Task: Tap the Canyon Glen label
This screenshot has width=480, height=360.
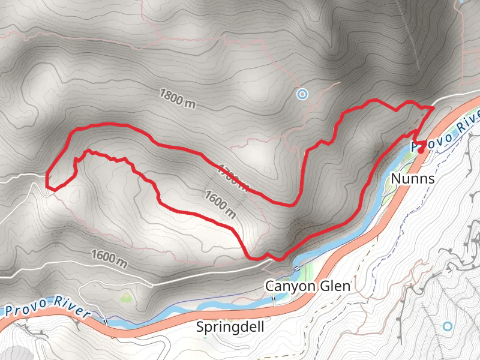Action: (x=308, y=286)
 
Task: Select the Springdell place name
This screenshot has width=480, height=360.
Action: (x=230, y=327)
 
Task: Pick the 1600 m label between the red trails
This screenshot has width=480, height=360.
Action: (x=220, y=204)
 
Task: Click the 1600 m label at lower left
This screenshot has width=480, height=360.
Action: (x=109, y=259)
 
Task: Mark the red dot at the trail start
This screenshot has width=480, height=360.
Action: (x=421, y=151)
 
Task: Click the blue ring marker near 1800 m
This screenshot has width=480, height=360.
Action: (x=302, y=94)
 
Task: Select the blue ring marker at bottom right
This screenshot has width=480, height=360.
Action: (x=447, y=326)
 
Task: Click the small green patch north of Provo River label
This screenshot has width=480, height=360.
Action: (x=125, y=297)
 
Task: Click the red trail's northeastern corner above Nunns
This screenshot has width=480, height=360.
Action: (x=433, y=107)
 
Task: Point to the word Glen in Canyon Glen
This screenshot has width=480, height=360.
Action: (x=336, y=286)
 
